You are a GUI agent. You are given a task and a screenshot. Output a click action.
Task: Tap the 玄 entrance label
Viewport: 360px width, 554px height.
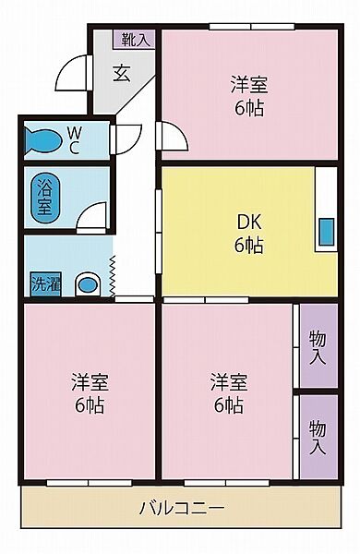tap(123, 74)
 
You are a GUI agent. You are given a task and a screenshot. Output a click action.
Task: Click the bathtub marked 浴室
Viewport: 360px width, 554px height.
tap(43, 197)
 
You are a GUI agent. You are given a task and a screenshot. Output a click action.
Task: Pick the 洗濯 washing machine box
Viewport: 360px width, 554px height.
tap(43, 283)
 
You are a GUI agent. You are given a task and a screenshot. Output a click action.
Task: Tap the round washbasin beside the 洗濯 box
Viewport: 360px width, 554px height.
tap(87, 284)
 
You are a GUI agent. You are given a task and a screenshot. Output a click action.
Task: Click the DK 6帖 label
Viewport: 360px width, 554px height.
tap(248, 233)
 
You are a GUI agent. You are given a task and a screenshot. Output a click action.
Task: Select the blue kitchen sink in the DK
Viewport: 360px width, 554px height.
tap(326, 233)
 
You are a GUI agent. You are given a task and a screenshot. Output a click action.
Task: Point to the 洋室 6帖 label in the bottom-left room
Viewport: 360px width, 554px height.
tap(89, 392)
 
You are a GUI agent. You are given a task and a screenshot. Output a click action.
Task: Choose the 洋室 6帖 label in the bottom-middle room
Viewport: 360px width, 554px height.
tap(228, 392)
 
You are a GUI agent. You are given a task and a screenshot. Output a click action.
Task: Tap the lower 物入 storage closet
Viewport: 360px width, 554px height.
tap(317, 437)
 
